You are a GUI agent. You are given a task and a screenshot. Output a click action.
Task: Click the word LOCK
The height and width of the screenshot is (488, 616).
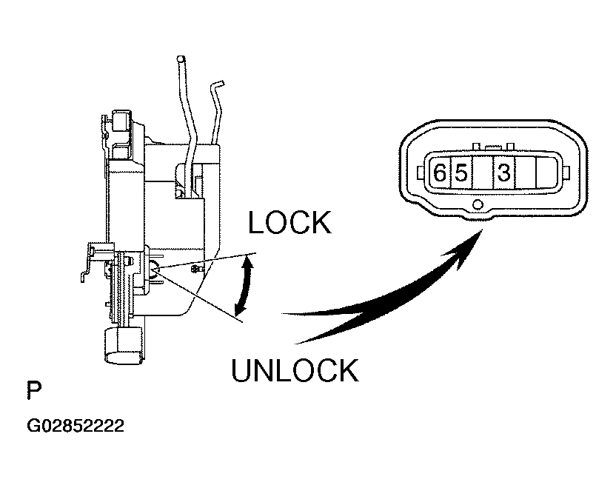coord(289,222)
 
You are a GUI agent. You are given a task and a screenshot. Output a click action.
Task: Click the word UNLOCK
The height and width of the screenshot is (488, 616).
coord(295,370)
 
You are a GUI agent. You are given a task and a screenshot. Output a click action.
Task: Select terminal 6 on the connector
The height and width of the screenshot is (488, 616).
coord(439,174)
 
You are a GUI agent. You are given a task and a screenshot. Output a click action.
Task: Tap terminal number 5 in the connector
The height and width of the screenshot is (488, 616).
coord(461,174)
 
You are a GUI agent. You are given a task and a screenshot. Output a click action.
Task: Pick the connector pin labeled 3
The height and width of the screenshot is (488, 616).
coord(503,174)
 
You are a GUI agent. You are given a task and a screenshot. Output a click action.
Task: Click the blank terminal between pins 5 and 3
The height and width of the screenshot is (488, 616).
coord(482,174)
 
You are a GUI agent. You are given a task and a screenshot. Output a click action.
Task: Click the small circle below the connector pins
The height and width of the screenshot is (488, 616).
coord(478,204)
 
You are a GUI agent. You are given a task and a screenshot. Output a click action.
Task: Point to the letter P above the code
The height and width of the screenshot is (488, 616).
coord(34,390)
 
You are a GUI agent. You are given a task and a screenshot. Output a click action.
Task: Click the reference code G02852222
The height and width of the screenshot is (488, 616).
coord(75,427)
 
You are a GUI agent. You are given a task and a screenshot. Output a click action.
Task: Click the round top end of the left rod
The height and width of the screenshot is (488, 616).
coord(180,59)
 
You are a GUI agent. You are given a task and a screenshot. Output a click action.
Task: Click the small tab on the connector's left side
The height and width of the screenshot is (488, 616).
coord(421,175)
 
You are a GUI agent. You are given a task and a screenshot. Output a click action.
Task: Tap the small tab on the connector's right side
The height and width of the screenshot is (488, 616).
coord(566,175)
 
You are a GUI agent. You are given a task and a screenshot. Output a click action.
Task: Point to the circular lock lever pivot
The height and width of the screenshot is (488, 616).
coord(153,271)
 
